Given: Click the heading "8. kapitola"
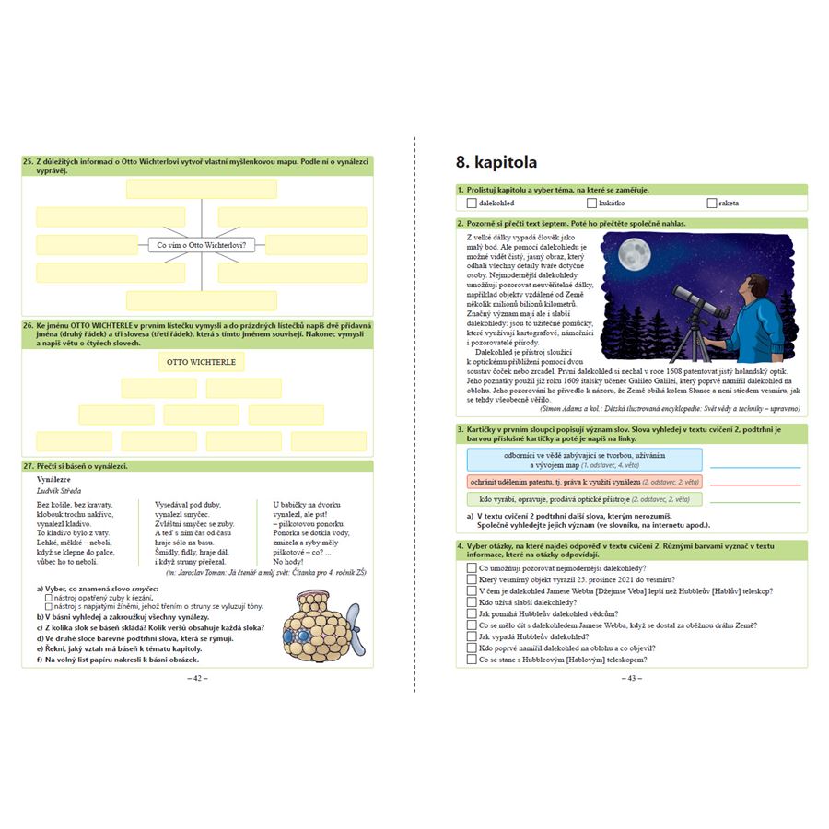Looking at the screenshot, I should click(x=496, y=163).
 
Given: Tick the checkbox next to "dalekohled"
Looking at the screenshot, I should click(x=472, y=203).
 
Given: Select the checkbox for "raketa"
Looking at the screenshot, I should click(x=711, y=203).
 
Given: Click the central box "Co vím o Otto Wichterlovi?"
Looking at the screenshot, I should click(x=202, y=245).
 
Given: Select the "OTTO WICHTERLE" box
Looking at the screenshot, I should click(x=201, y=362).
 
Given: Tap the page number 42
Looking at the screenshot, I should click(x=197, y=678).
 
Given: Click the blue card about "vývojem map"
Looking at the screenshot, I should click(x=584, y=460).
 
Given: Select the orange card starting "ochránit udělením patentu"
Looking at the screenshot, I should click(x=584, y=482).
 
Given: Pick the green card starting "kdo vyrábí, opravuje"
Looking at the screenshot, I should click(x=584, y=499).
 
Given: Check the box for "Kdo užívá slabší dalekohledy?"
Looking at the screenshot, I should click(x=472, y=602).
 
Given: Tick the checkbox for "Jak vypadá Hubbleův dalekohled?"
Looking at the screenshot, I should click(x=472, y=636).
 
